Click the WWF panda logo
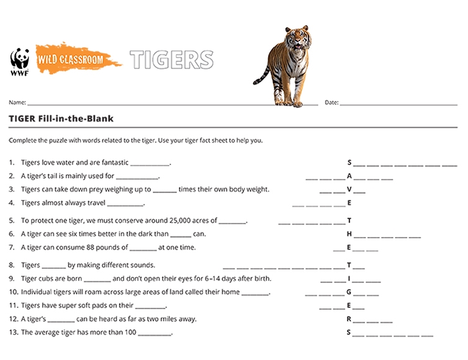20,61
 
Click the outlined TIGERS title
171,60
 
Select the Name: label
17,102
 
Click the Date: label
331,102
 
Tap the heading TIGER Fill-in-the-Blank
61,119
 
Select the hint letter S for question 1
349,163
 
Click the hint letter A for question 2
349,176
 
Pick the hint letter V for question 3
349,189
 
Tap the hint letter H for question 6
349,234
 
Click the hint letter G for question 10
349,292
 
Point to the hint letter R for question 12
349,318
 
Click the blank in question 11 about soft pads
150,306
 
